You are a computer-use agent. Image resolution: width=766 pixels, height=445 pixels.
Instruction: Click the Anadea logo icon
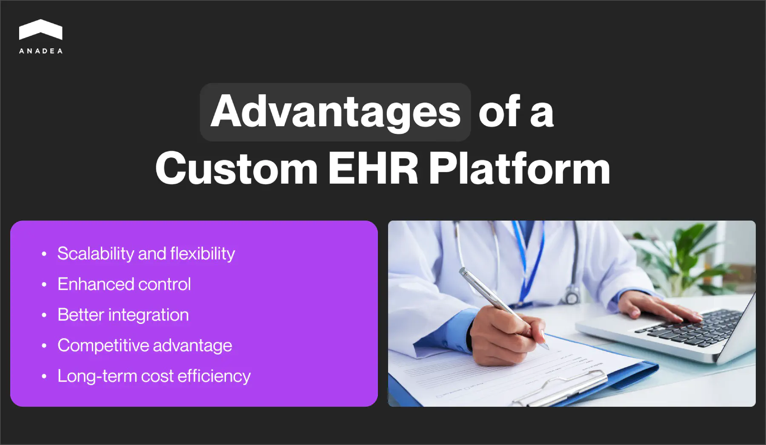40,30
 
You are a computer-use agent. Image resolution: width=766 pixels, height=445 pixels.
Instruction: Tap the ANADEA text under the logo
41,51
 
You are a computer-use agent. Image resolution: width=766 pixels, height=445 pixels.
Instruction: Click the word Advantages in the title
335,112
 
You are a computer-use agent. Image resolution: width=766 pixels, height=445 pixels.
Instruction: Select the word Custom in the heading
237,169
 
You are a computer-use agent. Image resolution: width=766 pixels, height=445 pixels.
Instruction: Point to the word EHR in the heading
373,169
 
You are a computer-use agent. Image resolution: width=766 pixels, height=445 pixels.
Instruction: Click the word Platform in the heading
519,169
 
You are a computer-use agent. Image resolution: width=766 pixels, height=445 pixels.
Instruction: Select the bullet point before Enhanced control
44,285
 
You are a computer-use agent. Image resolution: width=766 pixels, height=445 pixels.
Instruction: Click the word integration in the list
149,315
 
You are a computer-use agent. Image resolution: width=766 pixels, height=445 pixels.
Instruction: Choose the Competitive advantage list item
145,346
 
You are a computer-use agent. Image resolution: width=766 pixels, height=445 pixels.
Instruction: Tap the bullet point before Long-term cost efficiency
44,377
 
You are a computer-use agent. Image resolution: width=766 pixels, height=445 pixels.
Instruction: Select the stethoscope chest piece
572,295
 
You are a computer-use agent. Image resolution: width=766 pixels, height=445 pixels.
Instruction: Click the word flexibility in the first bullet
203,254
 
